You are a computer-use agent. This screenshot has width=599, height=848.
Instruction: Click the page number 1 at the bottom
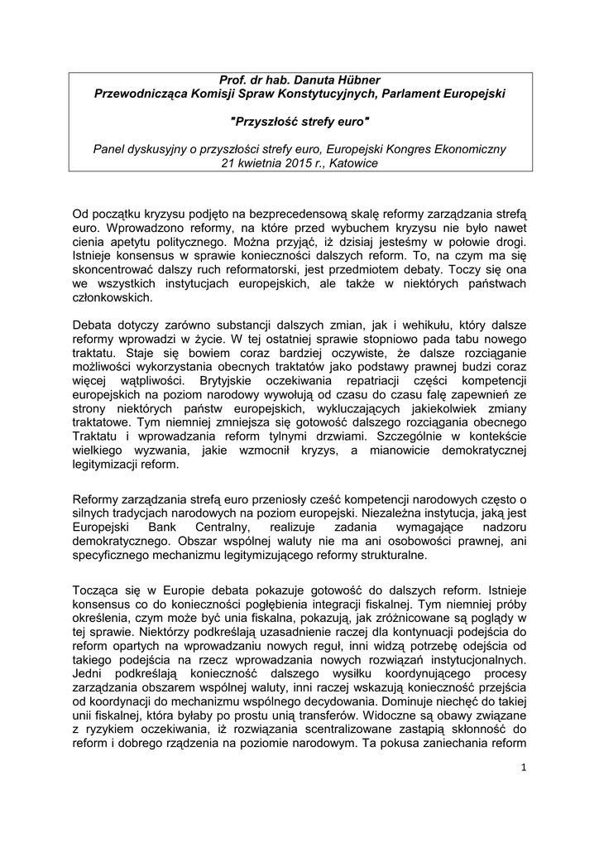point(524,793)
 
